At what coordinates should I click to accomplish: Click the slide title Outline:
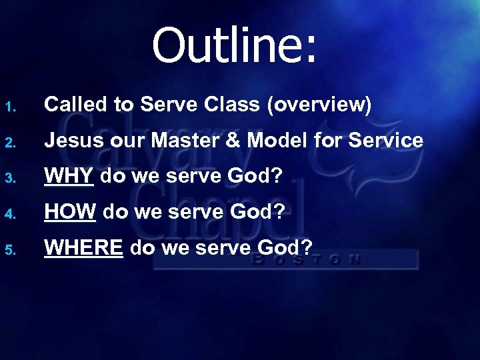pos(236,45)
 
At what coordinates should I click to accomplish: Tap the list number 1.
pos(9,105)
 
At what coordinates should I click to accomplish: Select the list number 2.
pos(9,141)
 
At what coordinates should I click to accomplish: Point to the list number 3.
pos(9,177)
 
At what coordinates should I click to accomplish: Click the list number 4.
pos(9,213)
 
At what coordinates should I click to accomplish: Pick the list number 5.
pos(9,249)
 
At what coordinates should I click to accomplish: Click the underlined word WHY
pos(69,177)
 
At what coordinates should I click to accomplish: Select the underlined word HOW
pos(70,213)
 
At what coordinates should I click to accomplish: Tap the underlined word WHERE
pos(83,249)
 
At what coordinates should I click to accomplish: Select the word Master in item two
pos(216,141)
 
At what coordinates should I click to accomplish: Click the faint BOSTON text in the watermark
pos(307,259)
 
